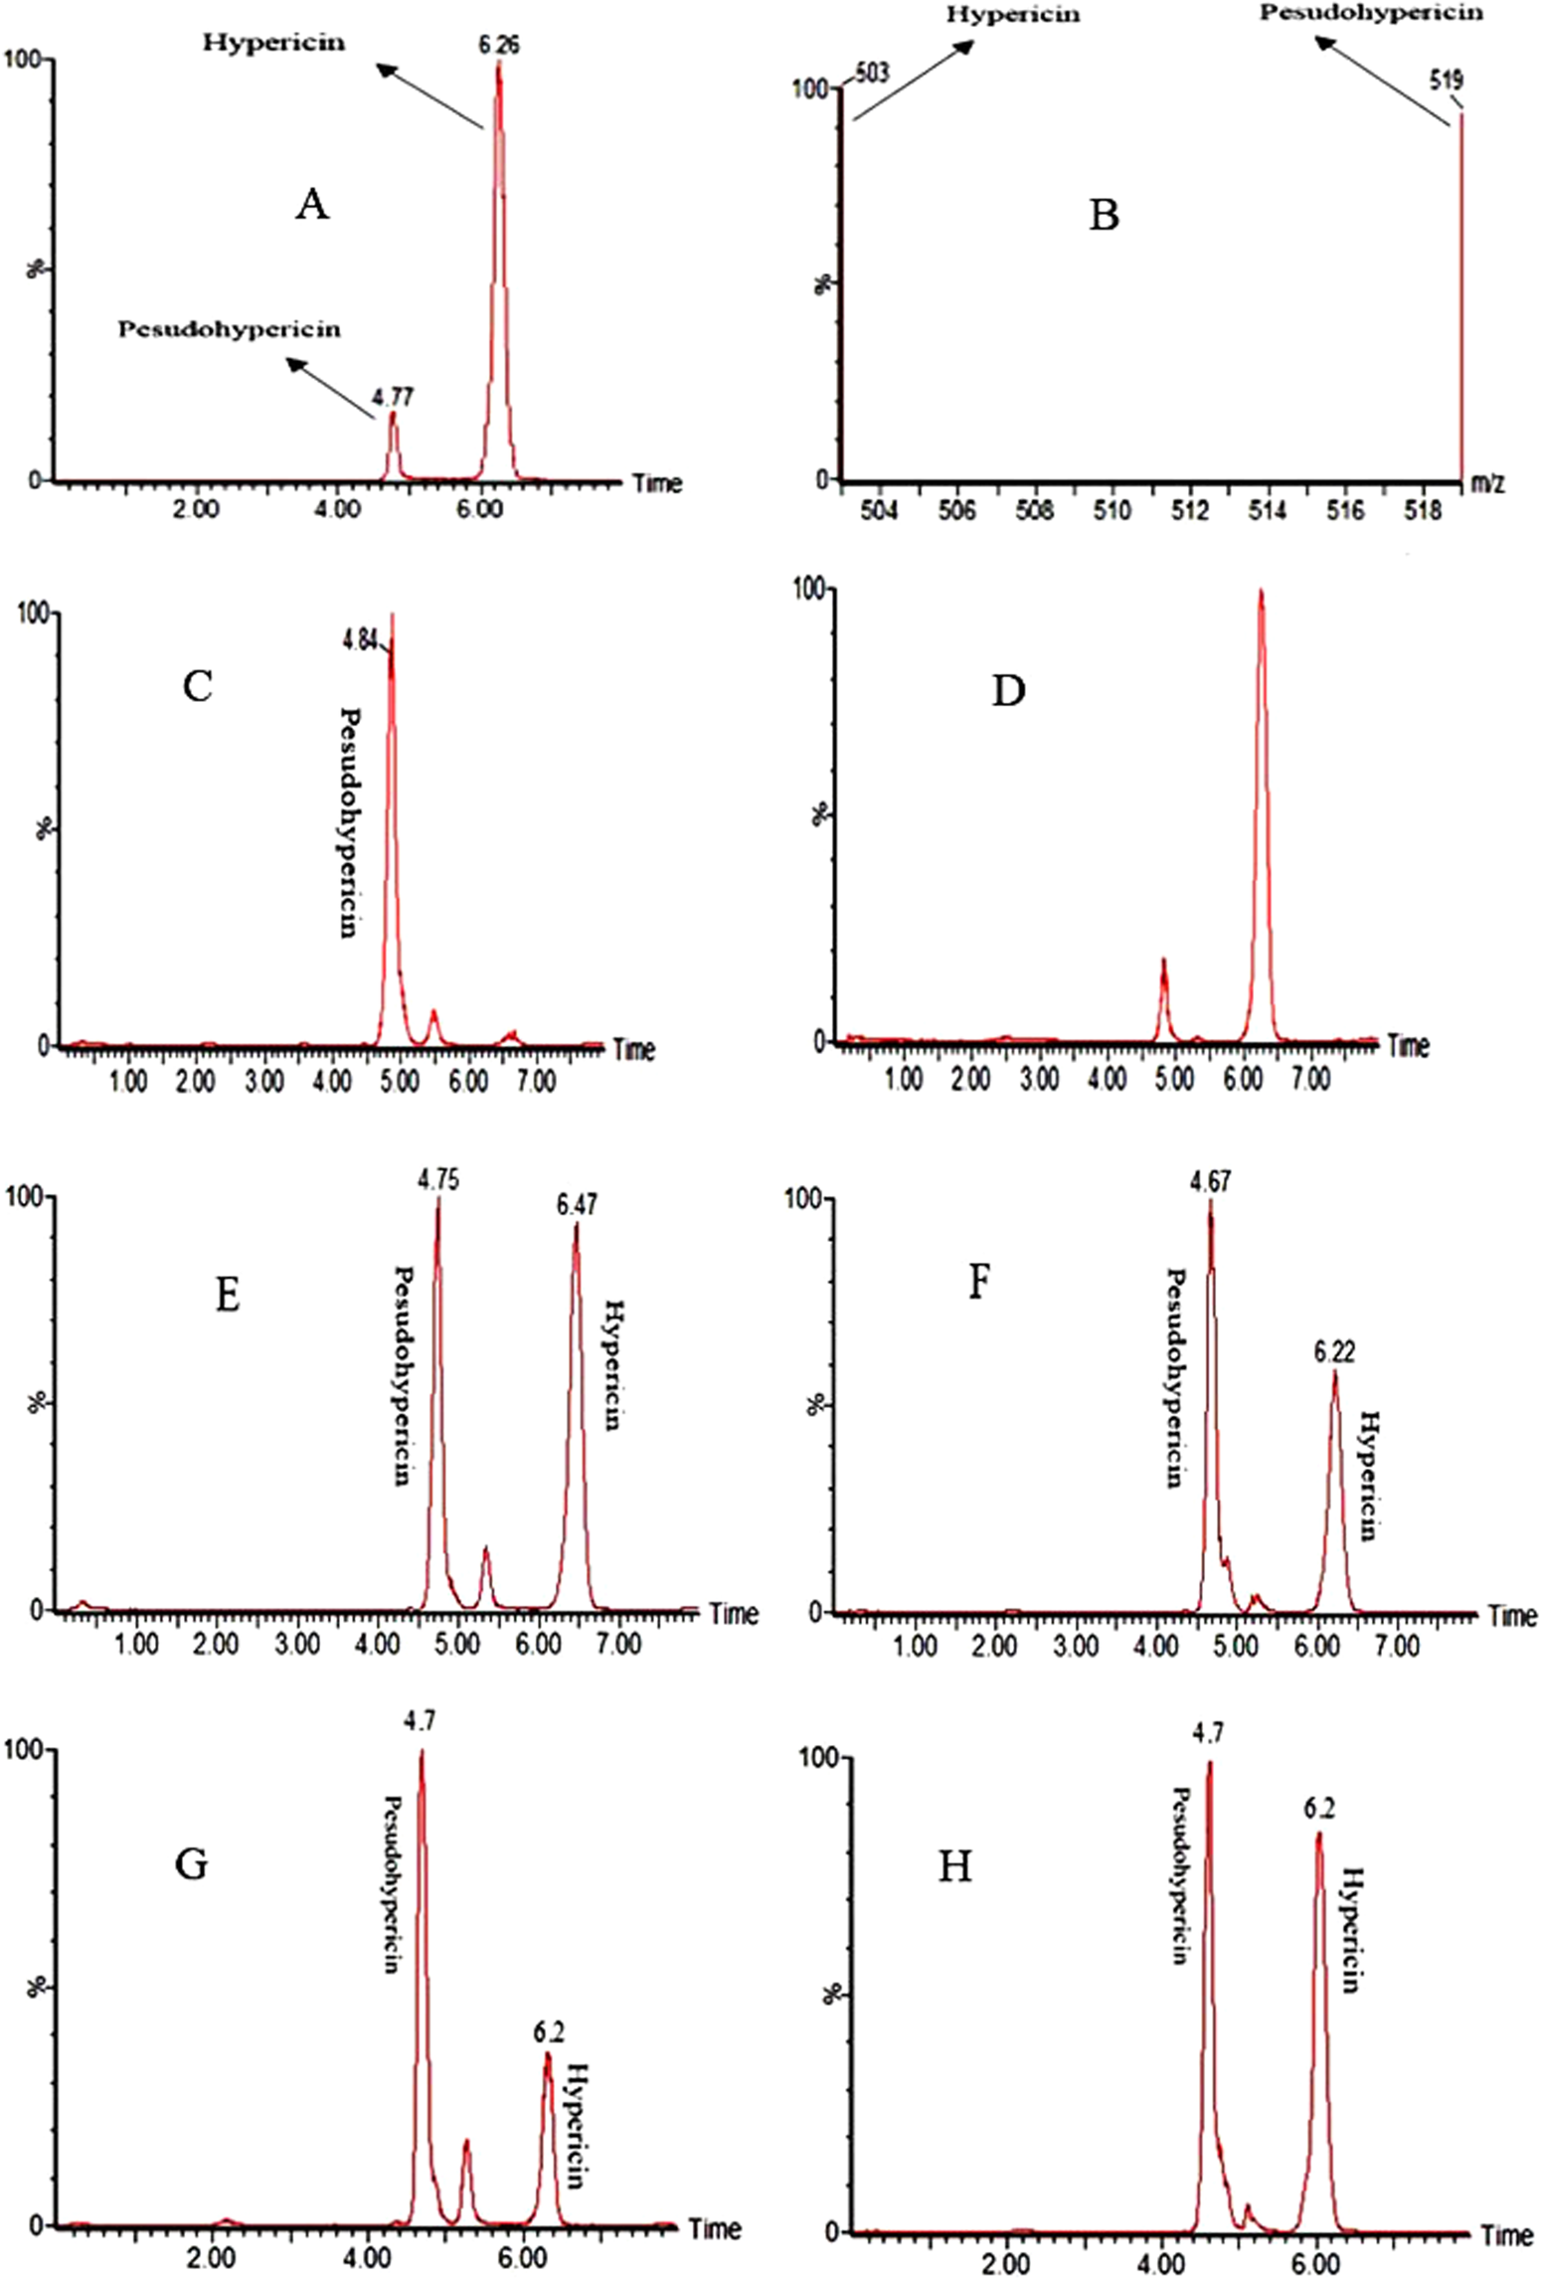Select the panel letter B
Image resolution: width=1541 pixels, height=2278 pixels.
pos(1104,215)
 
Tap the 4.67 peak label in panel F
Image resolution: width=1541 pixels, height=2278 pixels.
pos(1210,1183)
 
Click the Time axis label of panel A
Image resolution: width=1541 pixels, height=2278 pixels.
pos(658,484)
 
